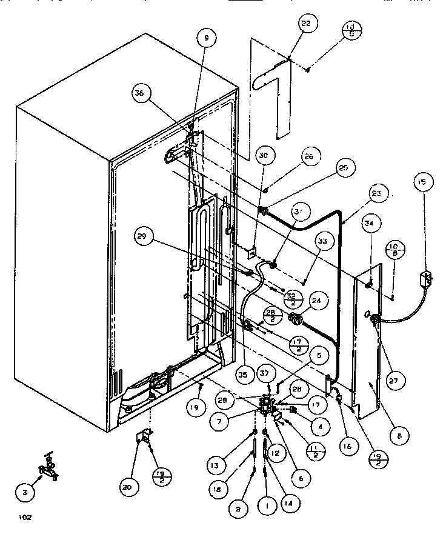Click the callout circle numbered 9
pyautogui.click(x=206, y=38)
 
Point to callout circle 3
pyautogui.click(x=24, y=493)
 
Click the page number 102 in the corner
pyautogui.click(x=25, y=517)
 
